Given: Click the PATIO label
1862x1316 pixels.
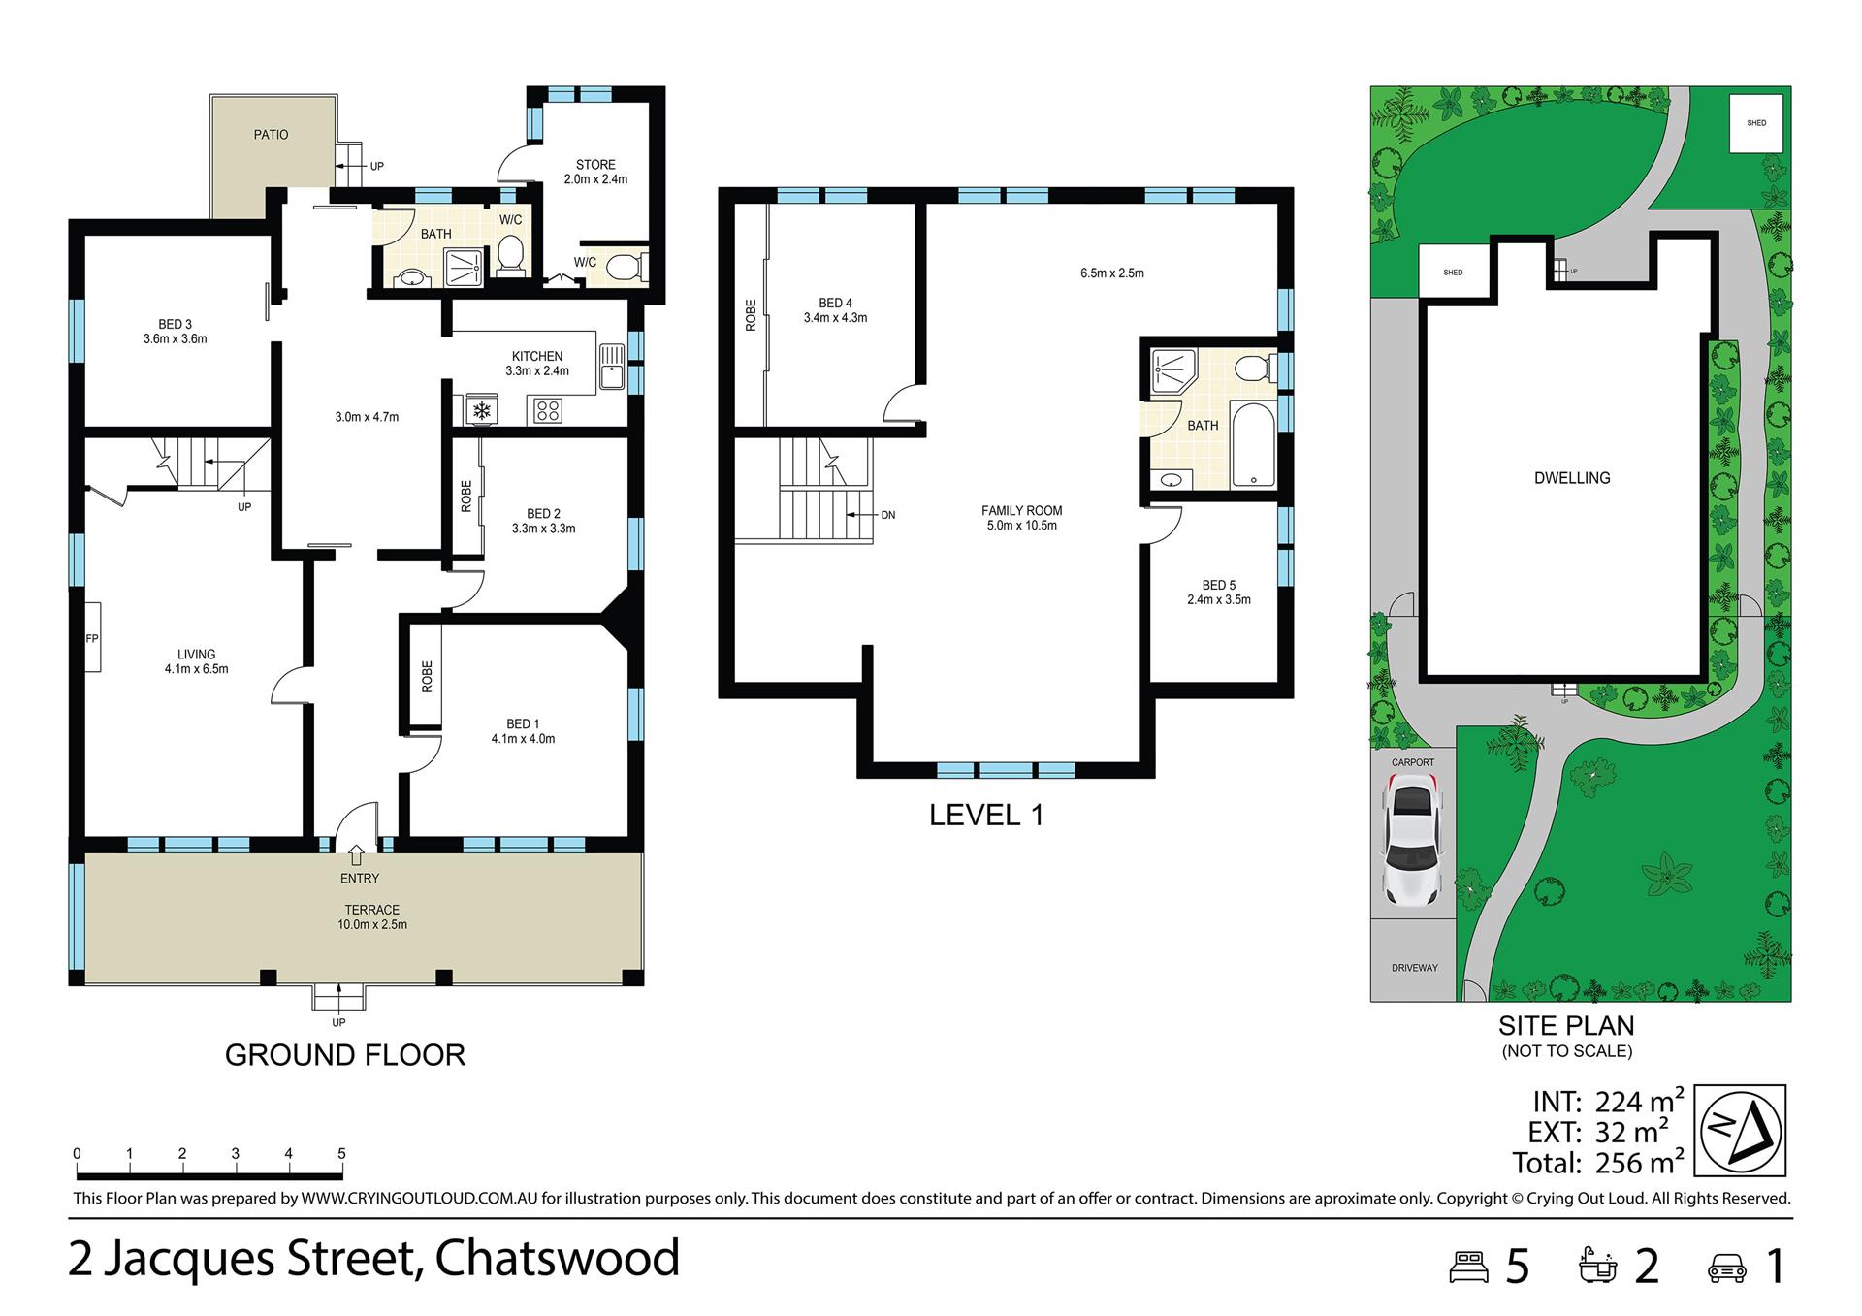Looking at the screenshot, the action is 271,135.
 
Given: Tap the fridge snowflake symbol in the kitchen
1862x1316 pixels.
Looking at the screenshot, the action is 481,410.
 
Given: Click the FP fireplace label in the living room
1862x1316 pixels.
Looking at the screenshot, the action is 92,638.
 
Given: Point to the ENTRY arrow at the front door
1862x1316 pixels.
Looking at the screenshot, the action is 356,854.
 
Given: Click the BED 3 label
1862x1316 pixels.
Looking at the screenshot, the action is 176,325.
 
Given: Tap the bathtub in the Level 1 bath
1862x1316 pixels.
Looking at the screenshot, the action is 1253,445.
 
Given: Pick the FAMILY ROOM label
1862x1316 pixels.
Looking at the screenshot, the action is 1022,511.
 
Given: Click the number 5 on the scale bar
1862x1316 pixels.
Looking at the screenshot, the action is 341,1154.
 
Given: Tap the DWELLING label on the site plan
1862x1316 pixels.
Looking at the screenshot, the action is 1572,478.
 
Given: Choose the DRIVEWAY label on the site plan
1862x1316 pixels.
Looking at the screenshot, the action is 1415,968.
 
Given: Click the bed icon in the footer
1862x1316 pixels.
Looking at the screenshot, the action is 1468,1267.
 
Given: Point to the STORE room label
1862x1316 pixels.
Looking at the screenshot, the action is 595,165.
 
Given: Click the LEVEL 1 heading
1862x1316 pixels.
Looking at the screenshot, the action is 986,816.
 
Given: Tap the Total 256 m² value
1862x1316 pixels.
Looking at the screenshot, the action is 1640,1163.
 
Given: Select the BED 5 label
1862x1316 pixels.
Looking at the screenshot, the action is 1219,586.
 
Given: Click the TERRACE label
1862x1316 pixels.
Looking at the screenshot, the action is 372,910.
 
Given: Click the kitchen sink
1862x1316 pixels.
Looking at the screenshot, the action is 612,367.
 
